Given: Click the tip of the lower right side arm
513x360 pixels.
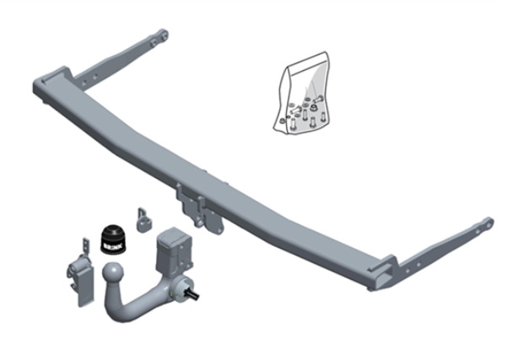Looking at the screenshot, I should click(x=487, y=223).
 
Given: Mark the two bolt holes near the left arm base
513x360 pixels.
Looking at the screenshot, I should click(x=85, y=80).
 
